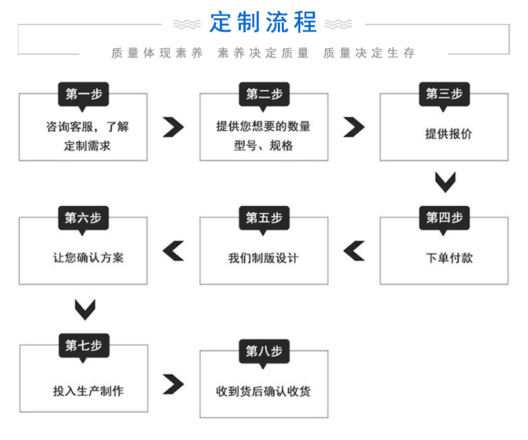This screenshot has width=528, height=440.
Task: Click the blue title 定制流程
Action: coord(263,22)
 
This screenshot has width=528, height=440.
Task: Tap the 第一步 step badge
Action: coord(84,94)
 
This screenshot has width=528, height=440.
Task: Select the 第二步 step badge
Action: coord(264,94)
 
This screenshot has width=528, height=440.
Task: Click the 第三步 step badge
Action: coord(444,94)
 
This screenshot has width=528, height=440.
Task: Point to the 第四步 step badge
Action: coord(444,218)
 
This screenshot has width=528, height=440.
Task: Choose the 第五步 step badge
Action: coord(264,218)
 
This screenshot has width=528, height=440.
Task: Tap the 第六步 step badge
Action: coord(84,218)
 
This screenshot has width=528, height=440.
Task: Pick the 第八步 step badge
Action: coord(264,352)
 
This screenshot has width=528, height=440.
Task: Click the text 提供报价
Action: coord(448,134)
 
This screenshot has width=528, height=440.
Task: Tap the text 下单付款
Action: coord(449,258)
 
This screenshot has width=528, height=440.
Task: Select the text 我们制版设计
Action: coord(263,258)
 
